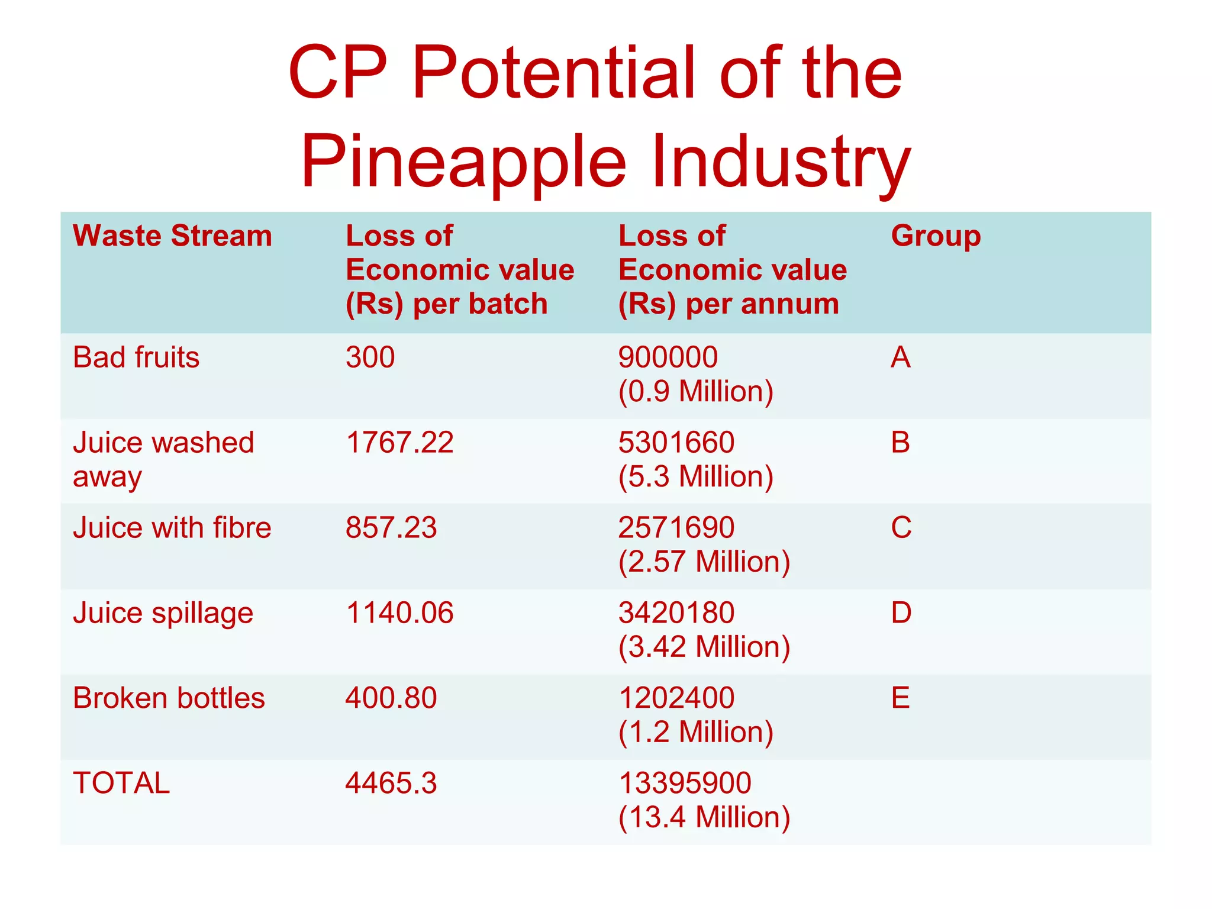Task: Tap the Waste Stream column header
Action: click(x=172, y=236)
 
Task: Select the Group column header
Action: click(x=936, y=236)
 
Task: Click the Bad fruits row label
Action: click(x=136, y=357)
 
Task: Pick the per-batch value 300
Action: click(x=370, y=357)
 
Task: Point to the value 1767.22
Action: click(x=399, y=443)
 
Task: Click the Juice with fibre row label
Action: click(x=172, y=527)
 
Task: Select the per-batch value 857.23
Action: click(x=391, y=527)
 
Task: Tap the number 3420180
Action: click(x=676, y=613)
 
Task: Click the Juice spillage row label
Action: click(x=163, y=613)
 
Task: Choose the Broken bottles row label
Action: click(x=169, y=698)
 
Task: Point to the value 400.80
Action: click(x=391, y=698)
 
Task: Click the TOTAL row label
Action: click(x=121, y=783)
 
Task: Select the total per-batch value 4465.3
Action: click(x=391, y=783)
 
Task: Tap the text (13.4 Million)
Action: click(x=704, y=817)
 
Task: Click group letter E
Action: click(x=900, y=698)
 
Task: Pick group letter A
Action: click(x=901, y=357)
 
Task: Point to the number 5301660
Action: click(x=676, y=443)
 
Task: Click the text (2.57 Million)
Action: click(x=704, y=562)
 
